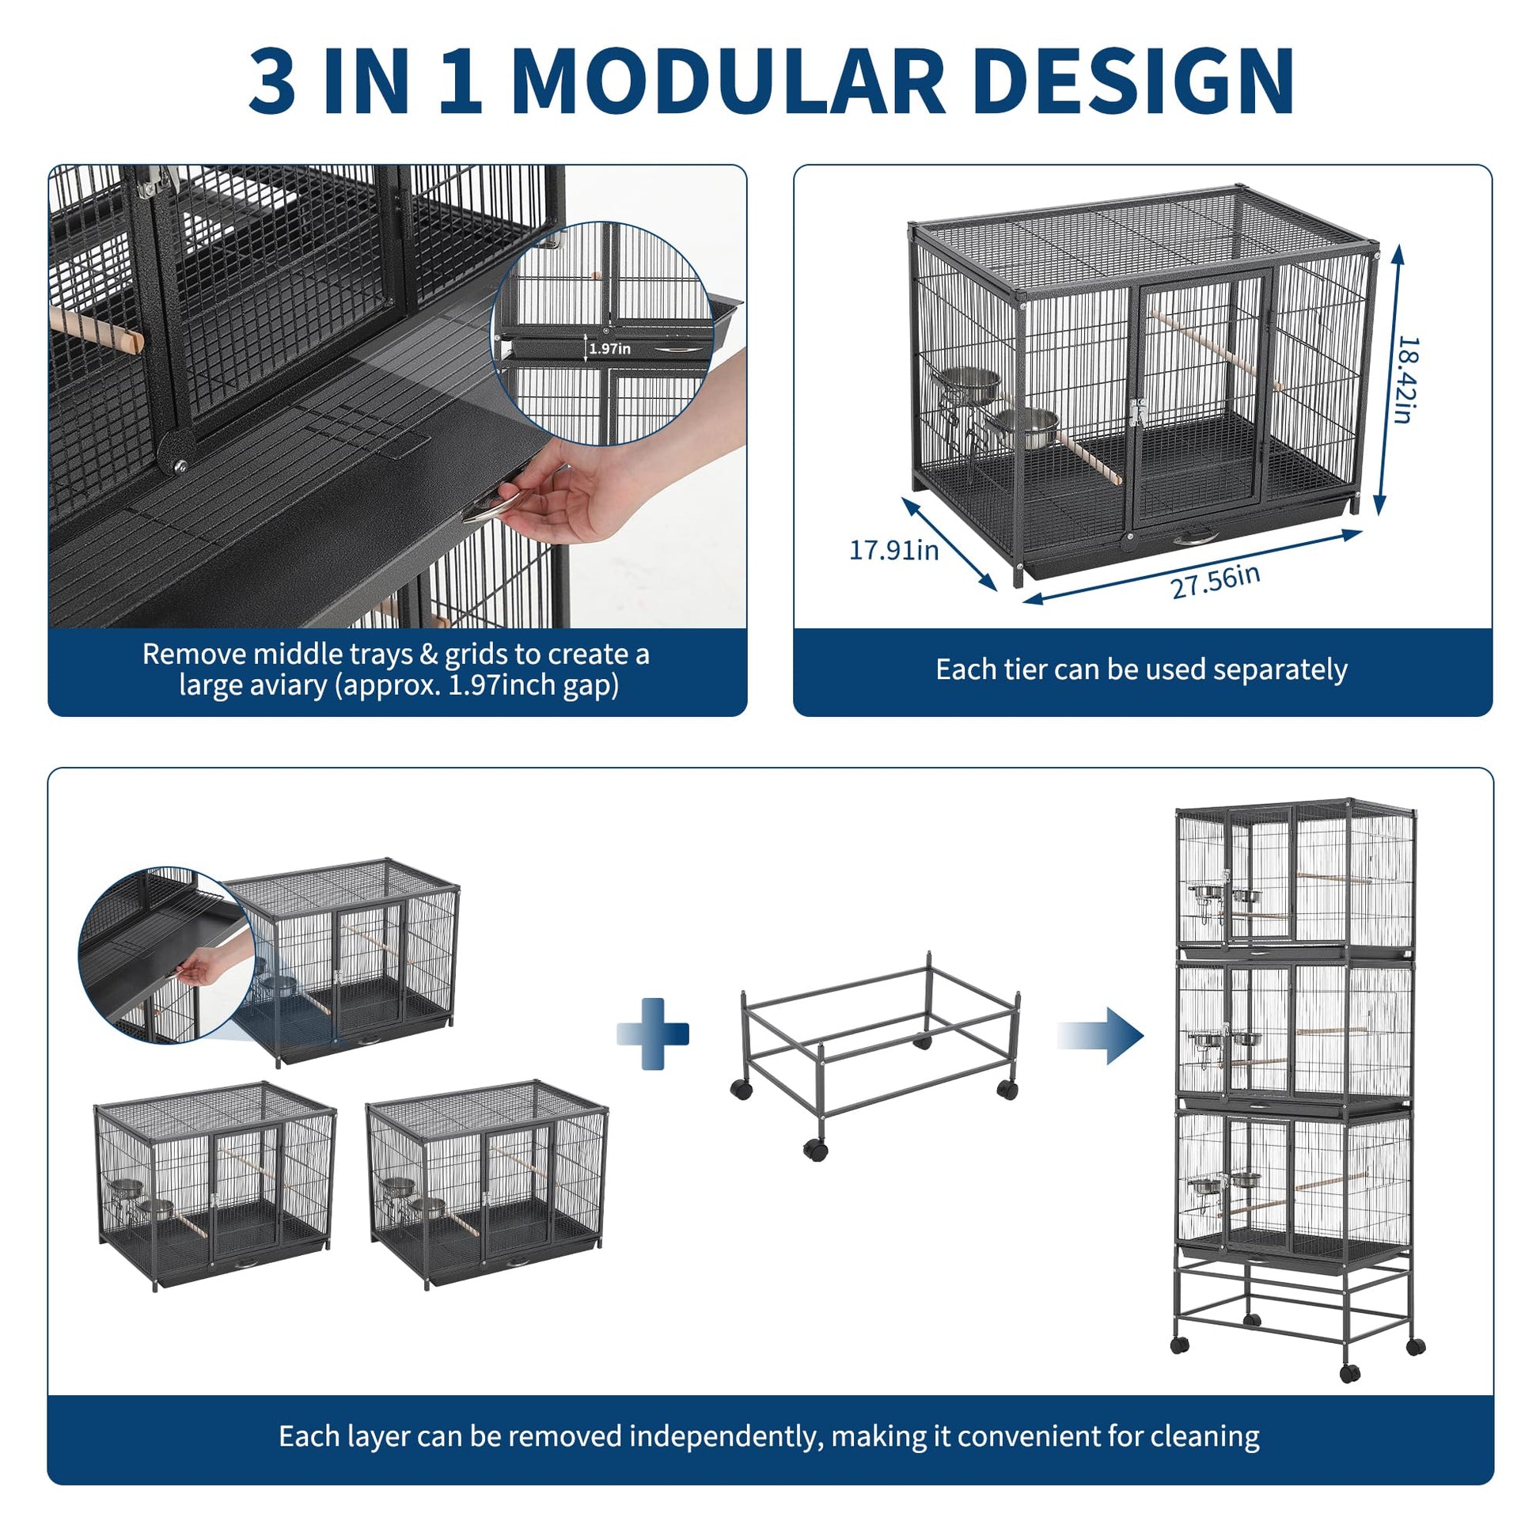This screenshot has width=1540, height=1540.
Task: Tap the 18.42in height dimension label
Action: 1409,379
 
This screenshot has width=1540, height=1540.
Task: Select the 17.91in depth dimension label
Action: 893,550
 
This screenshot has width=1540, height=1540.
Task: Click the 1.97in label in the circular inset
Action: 610,348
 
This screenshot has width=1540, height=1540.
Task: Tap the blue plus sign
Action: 653,1034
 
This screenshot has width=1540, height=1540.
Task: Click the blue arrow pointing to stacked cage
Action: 1100,1035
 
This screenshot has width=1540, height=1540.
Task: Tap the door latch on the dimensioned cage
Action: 1136,412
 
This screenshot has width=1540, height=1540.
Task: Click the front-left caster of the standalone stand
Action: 814,1148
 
